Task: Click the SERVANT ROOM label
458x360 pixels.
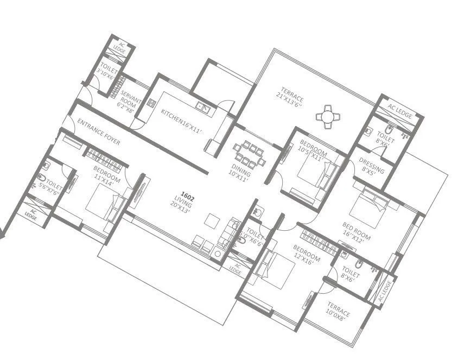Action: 129,98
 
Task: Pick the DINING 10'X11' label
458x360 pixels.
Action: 239,173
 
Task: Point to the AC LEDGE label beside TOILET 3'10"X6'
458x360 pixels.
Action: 119,48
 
